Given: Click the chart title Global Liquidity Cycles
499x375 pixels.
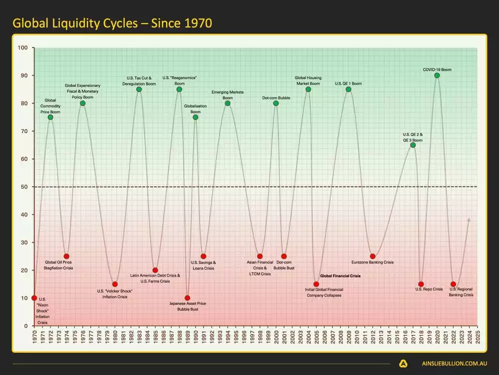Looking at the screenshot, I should point(112,23).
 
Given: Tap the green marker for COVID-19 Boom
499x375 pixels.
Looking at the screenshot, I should point(437,75).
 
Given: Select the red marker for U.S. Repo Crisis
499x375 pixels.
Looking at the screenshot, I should point(421,284).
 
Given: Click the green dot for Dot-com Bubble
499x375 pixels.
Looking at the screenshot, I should point(276,103).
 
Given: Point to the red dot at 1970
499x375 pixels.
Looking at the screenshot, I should point(34,298).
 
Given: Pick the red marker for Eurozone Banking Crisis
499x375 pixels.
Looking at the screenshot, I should point(373,256).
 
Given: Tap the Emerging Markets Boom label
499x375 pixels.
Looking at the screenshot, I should point(228,95).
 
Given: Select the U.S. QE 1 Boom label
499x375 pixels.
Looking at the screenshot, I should point(348,83).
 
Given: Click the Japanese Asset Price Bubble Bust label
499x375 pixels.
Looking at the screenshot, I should point(188,306).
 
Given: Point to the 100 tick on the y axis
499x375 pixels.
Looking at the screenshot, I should point(23,48).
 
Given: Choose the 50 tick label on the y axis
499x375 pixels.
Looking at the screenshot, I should point(24,187).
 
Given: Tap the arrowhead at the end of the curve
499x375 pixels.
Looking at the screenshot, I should point(468,219).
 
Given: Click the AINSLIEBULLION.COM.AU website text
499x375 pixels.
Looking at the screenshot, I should point(449,364).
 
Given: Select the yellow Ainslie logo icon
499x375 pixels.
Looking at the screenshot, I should point(403,364).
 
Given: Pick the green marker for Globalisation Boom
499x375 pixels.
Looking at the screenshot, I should point(195,117).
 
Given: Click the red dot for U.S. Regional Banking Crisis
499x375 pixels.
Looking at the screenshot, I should point(453,284).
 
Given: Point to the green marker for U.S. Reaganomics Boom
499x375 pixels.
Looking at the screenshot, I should point(179,89).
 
